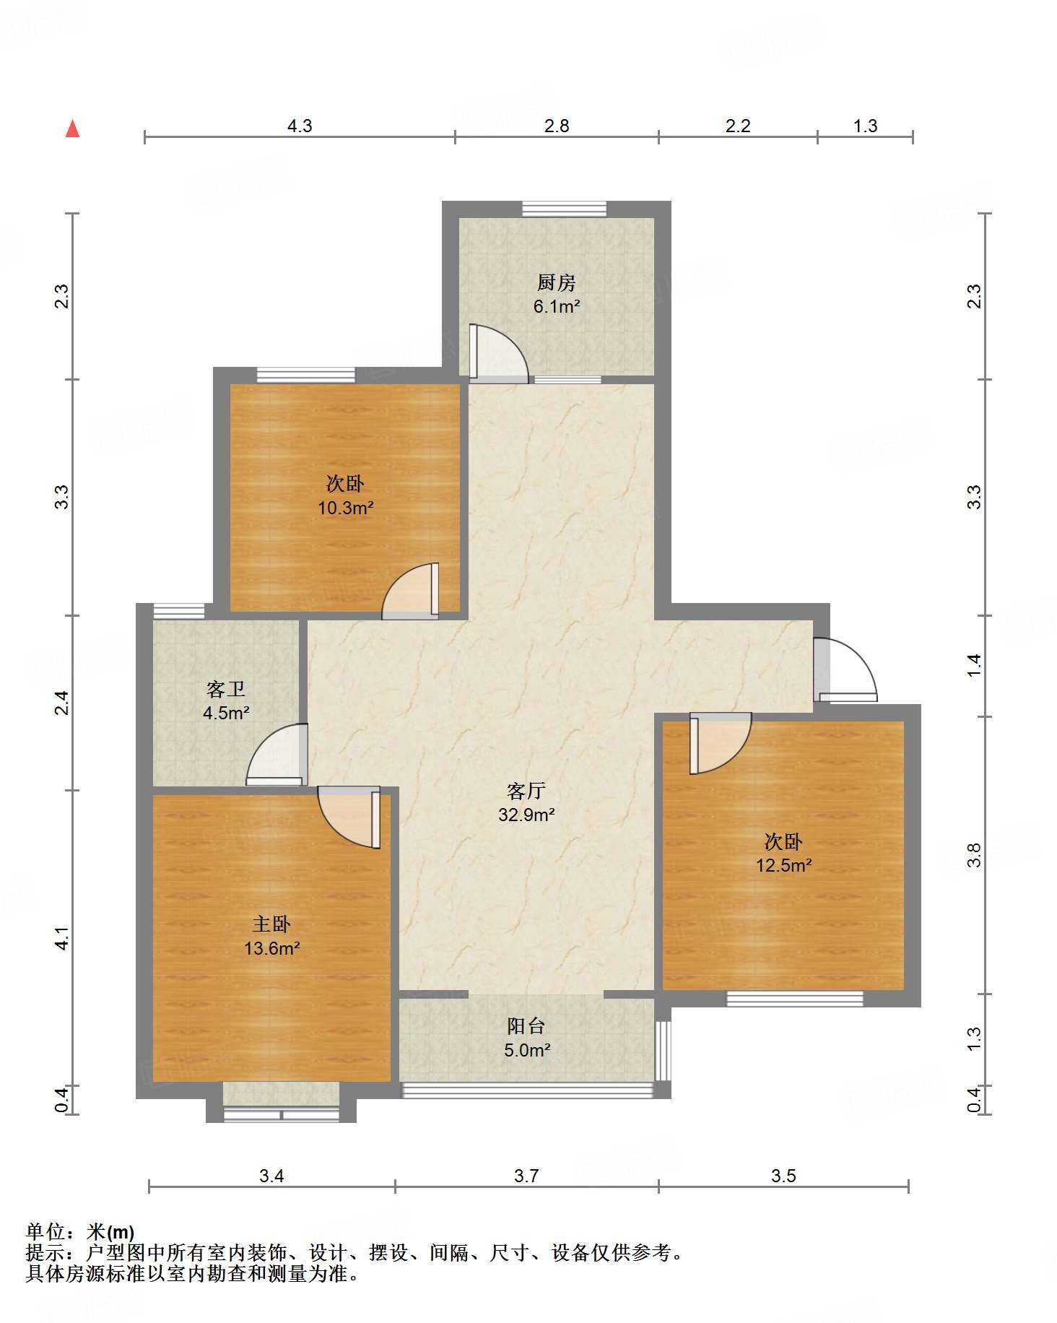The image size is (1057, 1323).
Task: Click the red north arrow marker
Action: pos(72,129)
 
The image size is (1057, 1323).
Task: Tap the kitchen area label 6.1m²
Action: pos(557,306)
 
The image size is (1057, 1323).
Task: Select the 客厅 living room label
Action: pos(526,791)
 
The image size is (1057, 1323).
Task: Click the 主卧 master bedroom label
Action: pos(271,924)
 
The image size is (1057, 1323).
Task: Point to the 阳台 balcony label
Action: pos(526,1025)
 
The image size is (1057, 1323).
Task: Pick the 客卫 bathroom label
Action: pos(226,689)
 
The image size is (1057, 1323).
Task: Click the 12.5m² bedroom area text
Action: pos(784,865)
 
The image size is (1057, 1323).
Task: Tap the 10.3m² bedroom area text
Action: pos(346,508)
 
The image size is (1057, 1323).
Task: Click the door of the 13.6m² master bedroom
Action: pos(349,817)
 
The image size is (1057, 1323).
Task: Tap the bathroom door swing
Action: pos(277,754)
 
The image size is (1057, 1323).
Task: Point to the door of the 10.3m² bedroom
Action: pos(410,591)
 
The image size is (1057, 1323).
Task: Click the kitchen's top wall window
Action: pos(565,209)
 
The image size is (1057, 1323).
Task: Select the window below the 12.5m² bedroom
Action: pos(795,999)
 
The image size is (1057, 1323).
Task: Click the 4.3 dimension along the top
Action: pos(300,126)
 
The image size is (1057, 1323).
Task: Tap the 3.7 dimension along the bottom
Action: pos(526,1176)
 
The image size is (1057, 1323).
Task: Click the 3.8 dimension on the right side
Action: pos(974,855)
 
